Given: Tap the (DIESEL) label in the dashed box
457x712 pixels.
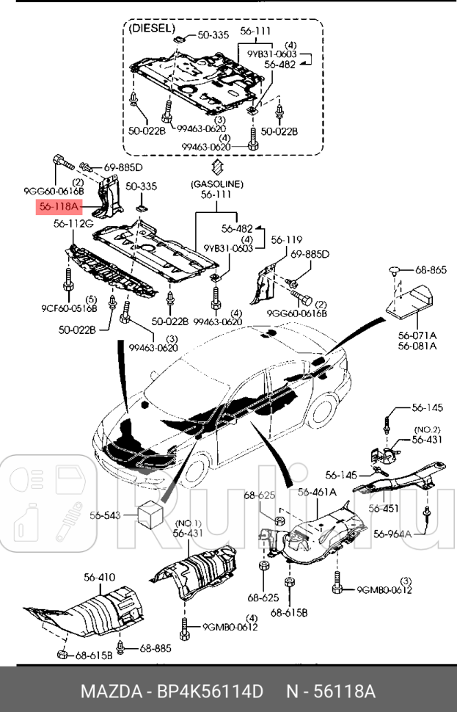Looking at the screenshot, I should [x=152, y=29].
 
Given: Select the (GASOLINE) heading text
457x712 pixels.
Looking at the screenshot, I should [x=216, y=184].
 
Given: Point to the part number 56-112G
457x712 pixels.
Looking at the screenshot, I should [x=73, y=224].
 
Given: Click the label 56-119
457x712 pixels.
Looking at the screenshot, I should [x=286, y=240].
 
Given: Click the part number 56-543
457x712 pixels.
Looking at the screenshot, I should [x=105, y=516].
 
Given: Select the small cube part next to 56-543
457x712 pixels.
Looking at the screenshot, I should [x=150, y=514].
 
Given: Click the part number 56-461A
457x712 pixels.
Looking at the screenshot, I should [x=317, y=492].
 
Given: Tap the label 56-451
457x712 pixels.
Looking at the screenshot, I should [x=384, y=508].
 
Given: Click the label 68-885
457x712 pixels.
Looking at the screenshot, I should [x=156, y=647].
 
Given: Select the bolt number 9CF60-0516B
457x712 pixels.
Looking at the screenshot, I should [x=70, y=308].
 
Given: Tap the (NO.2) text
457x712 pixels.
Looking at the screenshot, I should [x=427, y=429].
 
